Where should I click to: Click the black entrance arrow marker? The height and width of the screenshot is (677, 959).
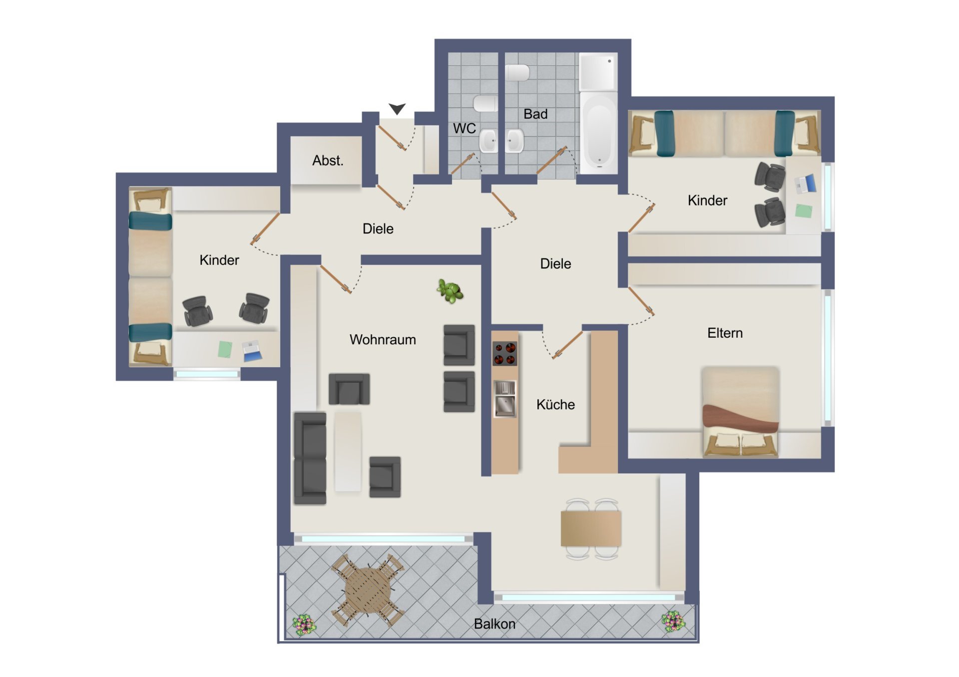397,108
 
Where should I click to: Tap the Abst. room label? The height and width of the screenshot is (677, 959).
328,161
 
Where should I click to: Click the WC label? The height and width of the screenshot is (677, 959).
464,128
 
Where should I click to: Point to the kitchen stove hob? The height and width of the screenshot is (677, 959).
504,353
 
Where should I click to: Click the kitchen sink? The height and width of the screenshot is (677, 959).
505,398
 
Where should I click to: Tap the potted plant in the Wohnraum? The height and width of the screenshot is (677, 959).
450,291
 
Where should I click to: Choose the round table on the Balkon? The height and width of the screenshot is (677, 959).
368,590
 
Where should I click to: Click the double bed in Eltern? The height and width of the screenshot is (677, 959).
740,412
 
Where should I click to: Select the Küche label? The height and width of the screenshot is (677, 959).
555,405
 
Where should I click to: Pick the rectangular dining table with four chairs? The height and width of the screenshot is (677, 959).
591,529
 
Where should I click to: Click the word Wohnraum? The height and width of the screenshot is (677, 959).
383,340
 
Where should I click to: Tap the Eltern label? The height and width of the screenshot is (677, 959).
725,333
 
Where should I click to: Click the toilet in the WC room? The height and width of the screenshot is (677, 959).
485,104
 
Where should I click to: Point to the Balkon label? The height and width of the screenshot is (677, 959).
494,624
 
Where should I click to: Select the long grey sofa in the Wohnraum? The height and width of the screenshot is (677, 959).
310,458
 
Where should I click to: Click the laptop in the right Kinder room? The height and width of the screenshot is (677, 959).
805,184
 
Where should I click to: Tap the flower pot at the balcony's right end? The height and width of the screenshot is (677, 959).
673,622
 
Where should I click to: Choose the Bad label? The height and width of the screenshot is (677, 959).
535,114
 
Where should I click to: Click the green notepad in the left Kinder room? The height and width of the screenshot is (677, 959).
225,349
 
